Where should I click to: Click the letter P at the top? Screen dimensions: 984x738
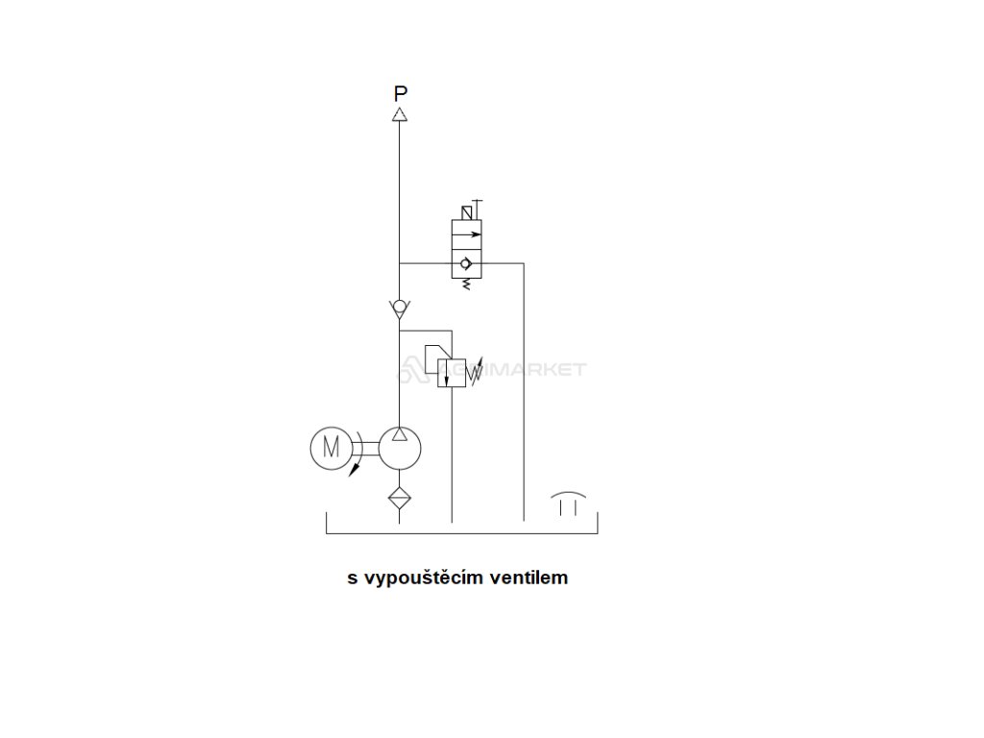tap(401, 93)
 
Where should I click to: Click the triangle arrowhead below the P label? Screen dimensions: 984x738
tap(400, 114)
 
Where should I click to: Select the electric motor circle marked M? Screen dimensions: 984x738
tap(331, 447)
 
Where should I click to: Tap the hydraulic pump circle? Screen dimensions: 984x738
tap(400, 447)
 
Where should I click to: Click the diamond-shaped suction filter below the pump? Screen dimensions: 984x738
tap(400, 498)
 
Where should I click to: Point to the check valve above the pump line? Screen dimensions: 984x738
tap(400, 308)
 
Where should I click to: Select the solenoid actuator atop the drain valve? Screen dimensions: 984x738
tap(468, 211)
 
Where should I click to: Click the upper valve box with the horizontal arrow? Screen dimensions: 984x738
tap(468, 233)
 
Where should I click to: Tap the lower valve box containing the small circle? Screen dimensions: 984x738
tap(468, 263)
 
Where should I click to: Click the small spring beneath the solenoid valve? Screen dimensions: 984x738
tap(468, 284)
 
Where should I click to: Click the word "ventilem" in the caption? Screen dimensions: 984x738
tap(529, 578)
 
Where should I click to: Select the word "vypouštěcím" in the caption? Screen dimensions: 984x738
tap(423, 578)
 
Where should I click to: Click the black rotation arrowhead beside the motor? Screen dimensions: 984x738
tap(355, 470)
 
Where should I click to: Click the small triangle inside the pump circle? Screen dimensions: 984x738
tap(400, 435)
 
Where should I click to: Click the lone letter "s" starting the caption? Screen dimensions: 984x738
tap(352, 578)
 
